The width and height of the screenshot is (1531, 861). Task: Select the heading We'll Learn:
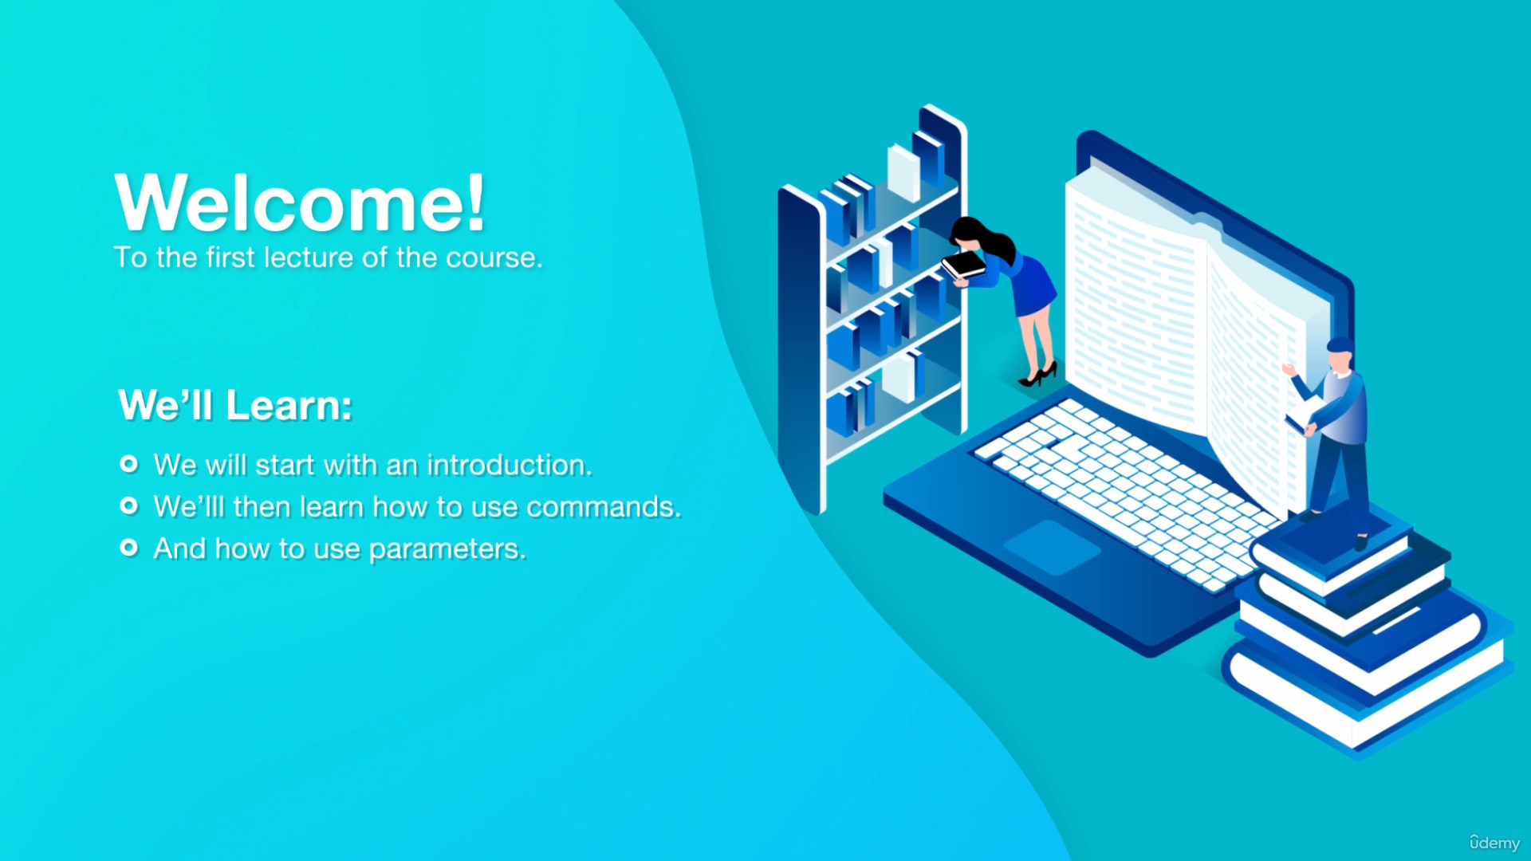click(x=235, y=405)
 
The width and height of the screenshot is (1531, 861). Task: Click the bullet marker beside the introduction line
click(x=128, y=464)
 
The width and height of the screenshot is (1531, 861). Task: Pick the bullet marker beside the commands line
click(x=128, y=505)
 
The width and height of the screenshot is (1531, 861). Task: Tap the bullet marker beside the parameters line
click(x=128, y=548)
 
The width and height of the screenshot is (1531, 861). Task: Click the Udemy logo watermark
click(x=1494, y=842)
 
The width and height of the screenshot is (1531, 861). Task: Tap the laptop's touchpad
click(x=1052, y=547)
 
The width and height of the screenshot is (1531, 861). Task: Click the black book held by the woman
click(x=964, y=264)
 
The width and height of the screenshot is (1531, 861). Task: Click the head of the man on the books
click(x=1340, y=356)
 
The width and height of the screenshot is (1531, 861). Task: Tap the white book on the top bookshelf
click(x=904, y=172)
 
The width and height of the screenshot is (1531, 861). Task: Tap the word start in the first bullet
click(x=285, y=465)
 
